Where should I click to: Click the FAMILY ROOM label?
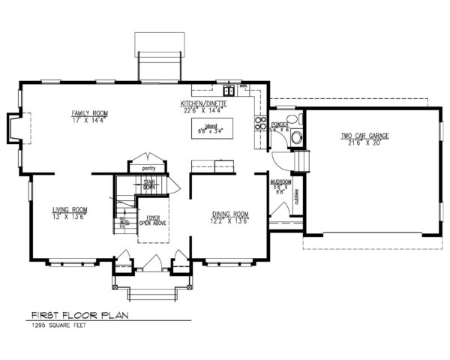coord(90,113)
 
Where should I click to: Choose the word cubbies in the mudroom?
coord(298,196)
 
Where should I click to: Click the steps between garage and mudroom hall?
coord(302,160)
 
